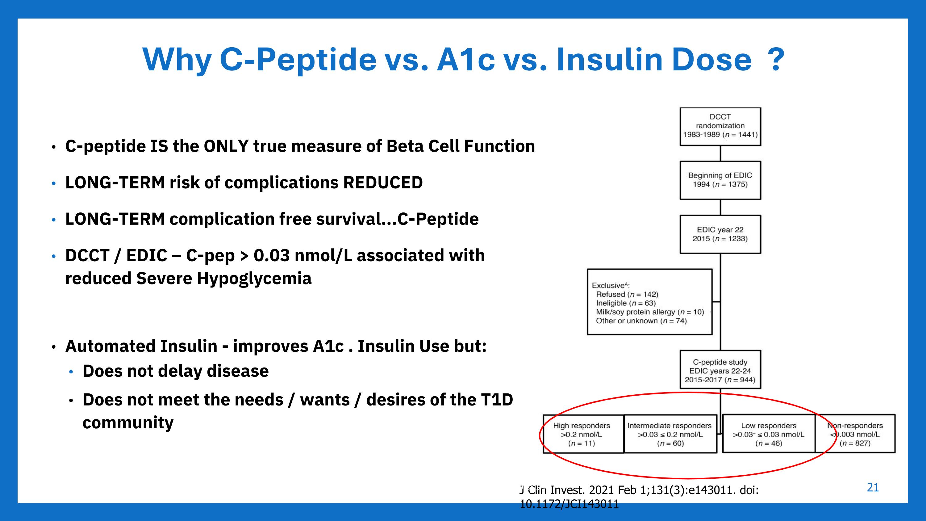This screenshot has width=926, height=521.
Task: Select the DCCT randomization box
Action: click(720, 126)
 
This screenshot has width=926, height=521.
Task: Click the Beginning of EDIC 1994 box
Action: click(720, 180)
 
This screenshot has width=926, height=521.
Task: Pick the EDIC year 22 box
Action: click(720, 234)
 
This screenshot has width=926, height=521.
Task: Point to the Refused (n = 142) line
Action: click(627, 294)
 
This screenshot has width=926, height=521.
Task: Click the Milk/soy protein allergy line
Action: click(649, 312)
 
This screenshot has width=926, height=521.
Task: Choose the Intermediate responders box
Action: click(670, 434)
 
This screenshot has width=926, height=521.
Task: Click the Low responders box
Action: click(769, 434)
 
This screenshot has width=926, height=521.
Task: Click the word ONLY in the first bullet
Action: click(226, 146)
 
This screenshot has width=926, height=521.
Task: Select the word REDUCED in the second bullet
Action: click(383, 183)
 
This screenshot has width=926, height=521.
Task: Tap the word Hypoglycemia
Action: click(254, 279)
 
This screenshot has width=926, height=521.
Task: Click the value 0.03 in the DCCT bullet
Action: click(271, 256)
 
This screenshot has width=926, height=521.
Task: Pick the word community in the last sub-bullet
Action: click(128, 423)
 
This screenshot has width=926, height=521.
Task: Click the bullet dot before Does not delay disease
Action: click(71, 372)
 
